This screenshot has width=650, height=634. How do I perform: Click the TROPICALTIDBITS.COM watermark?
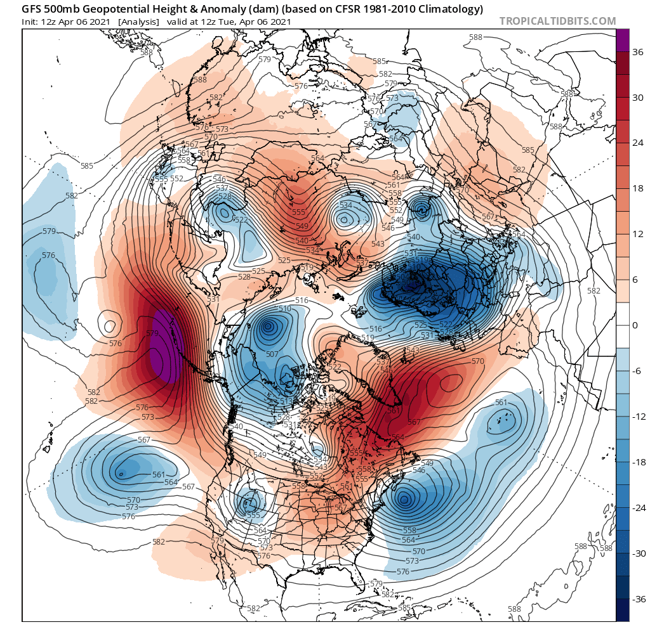tap(557, 21)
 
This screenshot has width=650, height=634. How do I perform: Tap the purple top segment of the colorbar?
tap(623, 40)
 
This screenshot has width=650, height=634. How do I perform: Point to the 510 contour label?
tap(284, 309)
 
